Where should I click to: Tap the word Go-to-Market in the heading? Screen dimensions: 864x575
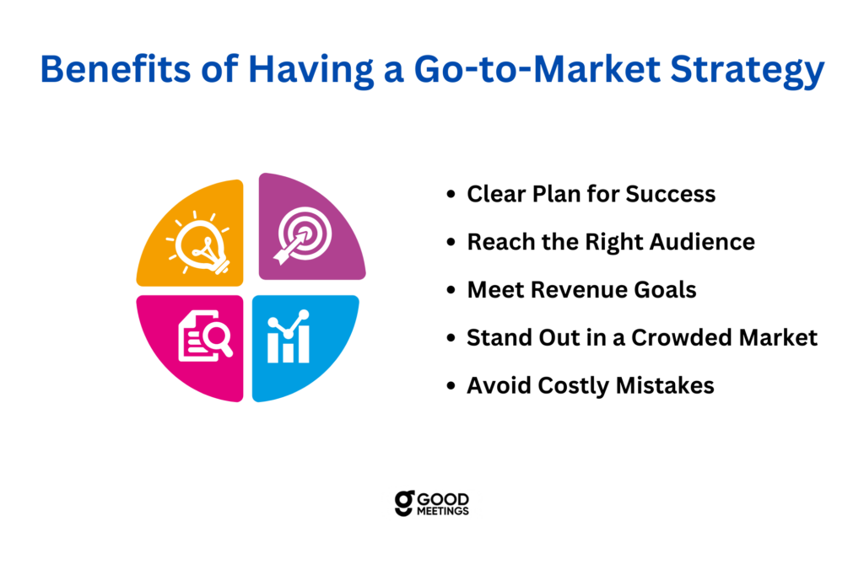(x=537, y=69)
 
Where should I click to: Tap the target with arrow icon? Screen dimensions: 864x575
(x=303, y=235)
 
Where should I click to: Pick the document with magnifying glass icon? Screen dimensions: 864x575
(x=204, y=336)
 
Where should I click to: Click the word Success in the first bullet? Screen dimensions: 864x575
(x=671, y=194)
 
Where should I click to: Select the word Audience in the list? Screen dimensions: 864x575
(x=702, y=242)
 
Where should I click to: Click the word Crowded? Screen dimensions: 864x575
(x=681, y=337)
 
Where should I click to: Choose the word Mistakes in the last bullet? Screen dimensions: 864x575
(x=665, y=385)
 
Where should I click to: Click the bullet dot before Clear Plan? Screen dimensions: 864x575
(x=451, y=195)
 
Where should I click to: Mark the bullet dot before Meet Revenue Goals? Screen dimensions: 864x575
(x=451, y=290)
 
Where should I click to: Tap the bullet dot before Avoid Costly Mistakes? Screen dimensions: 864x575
(x=451, y=386)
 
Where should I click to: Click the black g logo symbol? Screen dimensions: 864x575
(x=404, y=503)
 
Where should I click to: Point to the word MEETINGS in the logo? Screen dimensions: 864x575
(x=443, y=511)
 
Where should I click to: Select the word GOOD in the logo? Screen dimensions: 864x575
(x=443, y=499)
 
